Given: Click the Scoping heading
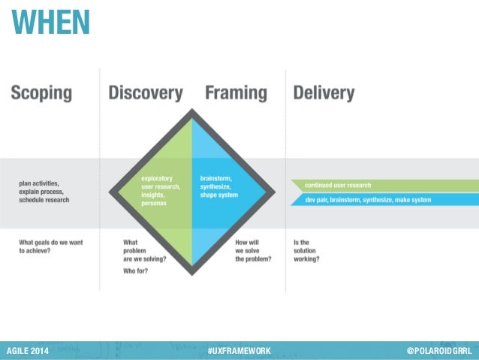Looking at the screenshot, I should (41, 93).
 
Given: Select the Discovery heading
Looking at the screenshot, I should (145, 93).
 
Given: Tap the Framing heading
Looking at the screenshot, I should (236, 93).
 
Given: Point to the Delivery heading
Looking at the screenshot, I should (324, 93).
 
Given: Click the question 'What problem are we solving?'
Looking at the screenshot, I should (144, 250).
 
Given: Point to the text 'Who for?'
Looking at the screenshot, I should (135, 271).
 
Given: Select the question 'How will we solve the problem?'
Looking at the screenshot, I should (252, 250).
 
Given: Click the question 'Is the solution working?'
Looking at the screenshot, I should (307, 250).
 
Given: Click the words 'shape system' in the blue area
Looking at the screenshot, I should (218, 195).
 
